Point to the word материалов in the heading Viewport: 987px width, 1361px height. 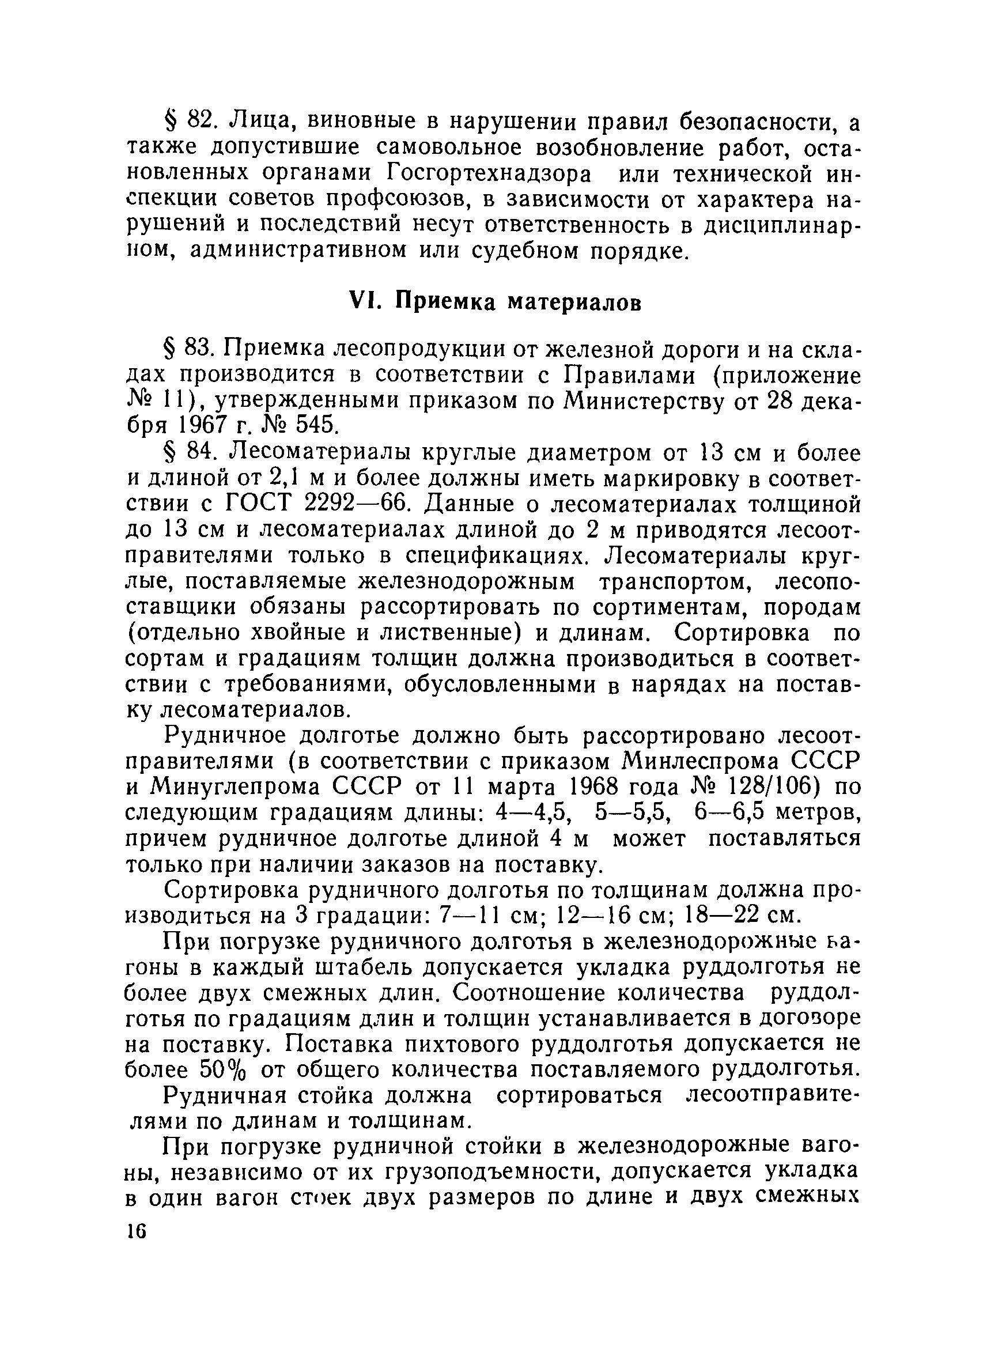tap(574, 303)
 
